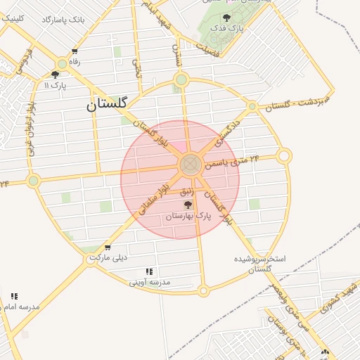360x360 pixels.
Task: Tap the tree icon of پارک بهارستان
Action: (x=187, y=205)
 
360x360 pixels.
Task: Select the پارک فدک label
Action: (x=229, y=29)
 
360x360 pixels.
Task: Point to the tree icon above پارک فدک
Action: (x=226, y=18)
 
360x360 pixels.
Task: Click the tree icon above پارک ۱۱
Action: (x=55, y=75)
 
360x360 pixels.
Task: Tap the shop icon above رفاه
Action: (x=74, y=52)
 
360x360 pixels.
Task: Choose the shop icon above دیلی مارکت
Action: (x=107, y=247)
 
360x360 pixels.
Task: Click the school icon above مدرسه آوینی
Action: (x=149, y=271)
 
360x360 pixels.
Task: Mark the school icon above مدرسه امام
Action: (x=15, y=296)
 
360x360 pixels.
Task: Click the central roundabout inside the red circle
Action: (x=189, y=165)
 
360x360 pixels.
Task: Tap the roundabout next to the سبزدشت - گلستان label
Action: (x=252, y=106)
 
